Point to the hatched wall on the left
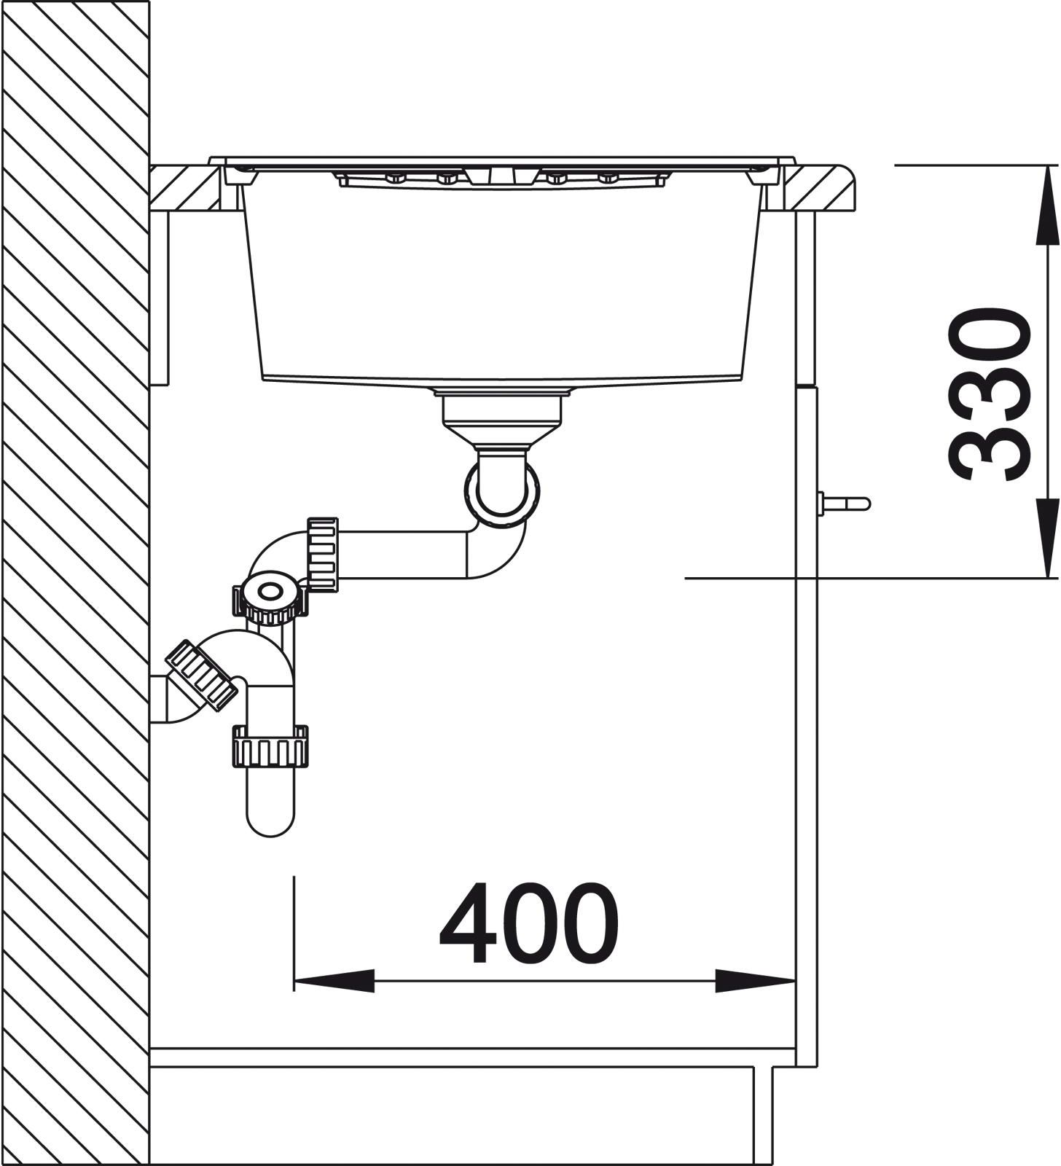pos(75,583)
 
